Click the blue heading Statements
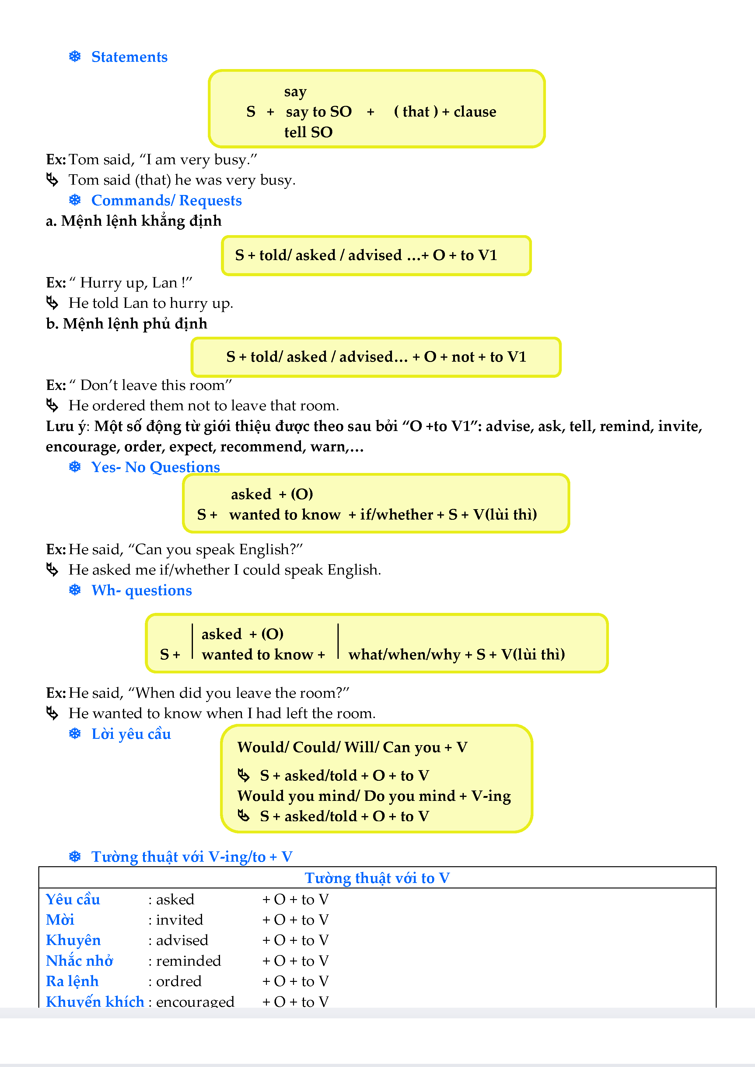point(129,57)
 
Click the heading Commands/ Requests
point(166,201)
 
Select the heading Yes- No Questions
point(155,467)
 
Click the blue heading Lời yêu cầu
point(131,734)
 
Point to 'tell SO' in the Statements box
point(308,132)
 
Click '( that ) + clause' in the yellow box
point(445,112)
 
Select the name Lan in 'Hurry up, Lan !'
point(165,283)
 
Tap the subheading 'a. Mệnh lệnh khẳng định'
point(133,221)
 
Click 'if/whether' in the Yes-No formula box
point(397,514)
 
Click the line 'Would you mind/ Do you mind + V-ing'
point(374,796)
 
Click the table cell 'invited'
point(180,920)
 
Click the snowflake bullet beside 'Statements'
point(75,57)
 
